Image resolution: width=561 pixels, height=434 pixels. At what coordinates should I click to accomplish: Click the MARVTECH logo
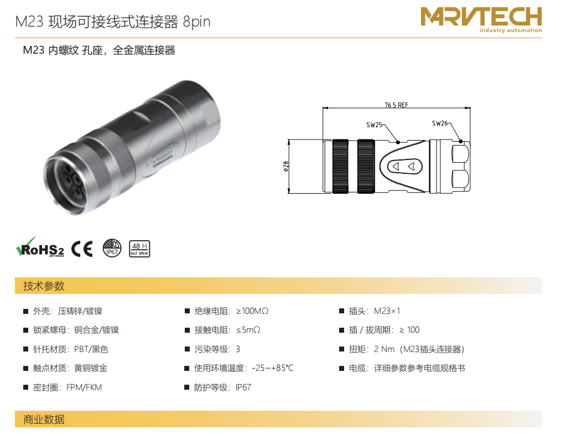481,19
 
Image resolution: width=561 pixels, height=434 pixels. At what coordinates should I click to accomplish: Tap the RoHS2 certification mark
40,247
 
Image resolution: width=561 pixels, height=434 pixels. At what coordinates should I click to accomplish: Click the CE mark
82,249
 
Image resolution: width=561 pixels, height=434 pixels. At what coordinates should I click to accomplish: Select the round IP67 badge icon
112,248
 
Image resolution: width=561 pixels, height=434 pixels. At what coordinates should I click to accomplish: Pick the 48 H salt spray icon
139,249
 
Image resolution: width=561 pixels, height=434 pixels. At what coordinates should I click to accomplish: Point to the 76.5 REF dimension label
396,105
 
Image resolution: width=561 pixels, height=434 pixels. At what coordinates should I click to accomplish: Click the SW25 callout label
374,125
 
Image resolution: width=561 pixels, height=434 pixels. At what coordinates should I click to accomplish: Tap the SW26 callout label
440,123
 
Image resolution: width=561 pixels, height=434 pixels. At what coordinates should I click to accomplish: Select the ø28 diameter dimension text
286,167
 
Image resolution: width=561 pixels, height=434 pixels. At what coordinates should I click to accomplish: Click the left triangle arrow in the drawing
396,167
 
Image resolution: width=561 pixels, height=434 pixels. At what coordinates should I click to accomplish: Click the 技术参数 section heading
44,286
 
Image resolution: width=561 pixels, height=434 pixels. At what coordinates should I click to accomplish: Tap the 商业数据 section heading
44,419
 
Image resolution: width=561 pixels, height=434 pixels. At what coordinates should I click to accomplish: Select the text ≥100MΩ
252,311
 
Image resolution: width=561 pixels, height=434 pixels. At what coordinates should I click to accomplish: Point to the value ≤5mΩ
248,330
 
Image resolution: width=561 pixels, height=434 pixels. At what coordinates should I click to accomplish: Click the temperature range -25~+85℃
273,368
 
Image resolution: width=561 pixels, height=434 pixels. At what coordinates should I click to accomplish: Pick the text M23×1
387,311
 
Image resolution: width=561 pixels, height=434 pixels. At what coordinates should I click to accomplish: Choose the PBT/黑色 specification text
91,349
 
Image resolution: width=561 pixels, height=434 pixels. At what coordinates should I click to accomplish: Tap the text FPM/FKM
84,387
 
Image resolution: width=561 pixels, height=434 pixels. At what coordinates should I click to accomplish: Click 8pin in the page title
196,22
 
